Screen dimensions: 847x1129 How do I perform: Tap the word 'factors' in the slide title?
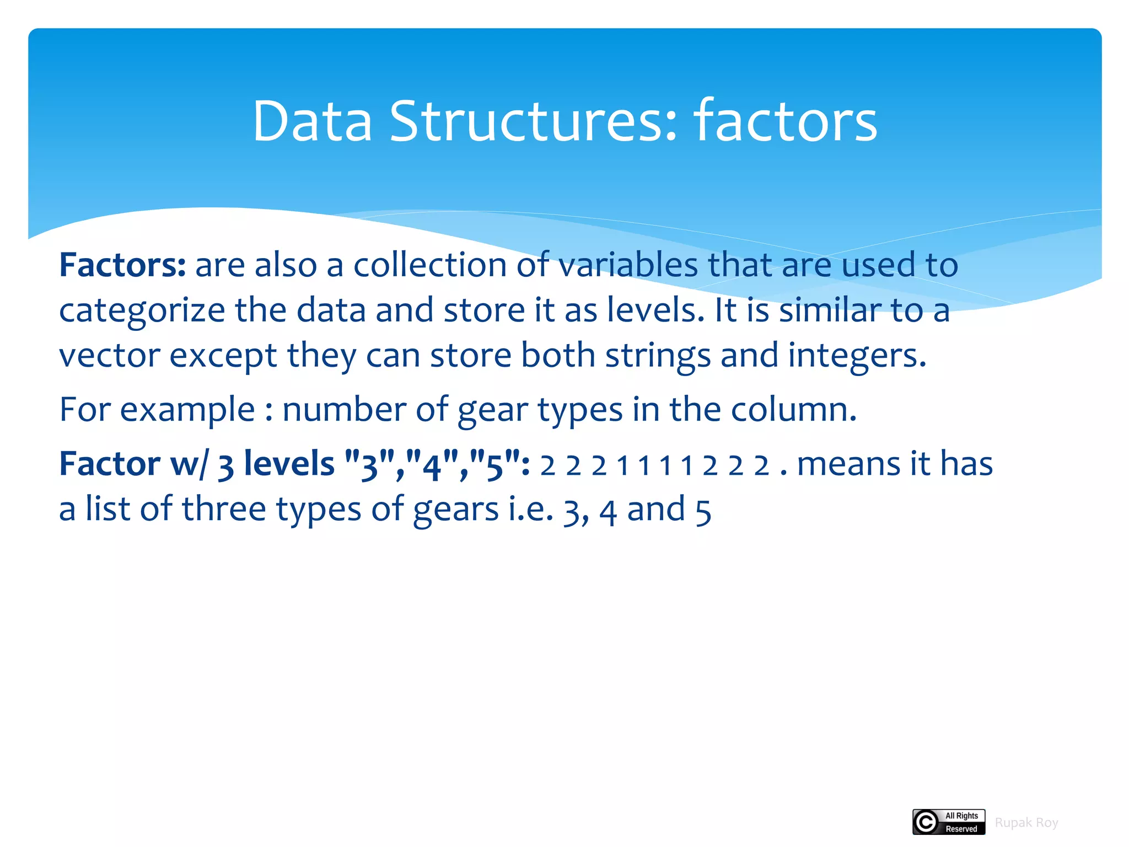[x=785, y=121]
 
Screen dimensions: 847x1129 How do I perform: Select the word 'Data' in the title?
[x=312, y=121]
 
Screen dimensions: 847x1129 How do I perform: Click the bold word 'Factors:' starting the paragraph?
[x=122, y=265]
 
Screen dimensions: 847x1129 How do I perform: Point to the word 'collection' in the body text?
[x=430, y=265]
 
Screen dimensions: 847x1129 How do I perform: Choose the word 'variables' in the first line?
[x=628, y=265]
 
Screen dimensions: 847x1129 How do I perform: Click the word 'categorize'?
[x=142, y=310]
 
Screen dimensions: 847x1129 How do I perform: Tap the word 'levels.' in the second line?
[x=655, y=310]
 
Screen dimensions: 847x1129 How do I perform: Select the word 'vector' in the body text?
[x=109, y=356]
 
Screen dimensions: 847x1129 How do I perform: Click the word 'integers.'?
[x=857, y=356]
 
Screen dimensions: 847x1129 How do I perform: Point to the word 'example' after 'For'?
[x=187, y=410]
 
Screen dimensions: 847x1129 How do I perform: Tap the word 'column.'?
[x=794, y=410]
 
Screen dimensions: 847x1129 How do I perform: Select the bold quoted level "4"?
[x=432, y=463]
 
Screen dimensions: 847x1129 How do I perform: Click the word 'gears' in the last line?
[x=456, y=510]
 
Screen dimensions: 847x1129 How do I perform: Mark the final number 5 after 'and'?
[x=703, y=511]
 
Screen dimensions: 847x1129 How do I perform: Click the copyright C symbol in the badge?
[x=926, y=822]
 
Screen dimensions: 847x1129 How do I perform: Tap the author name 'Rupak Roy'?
[x=1026, y=823]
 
